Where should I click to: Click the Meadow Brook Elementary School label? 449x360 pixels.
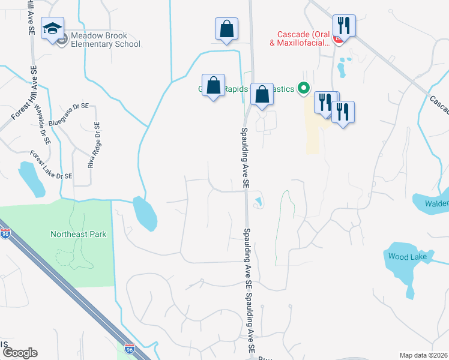(x=105, y=40)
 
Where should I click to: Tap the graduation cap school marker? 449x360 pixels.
(x=52, y=28)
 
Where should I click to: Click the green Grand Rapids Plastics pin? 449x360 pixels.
(x=304, y=89)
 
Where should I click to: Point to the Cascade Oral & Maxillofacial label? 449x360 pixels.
(x=303, y=38)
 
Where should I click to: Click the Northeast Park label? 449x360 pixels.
(x=78, y=234)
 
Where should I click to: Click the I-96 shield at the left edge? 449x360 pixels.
(x=5, y=234)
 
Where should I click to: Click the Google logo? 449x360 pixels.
(x=20, y=353)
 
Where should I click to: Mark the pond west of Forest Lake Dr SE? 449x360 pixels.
(x=31, y=179)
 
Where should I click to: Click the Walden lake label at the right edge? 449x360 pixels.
(x=436, y=203)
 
